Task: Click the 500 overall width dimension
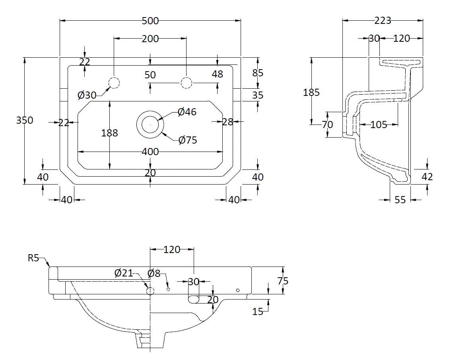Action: [x=150, y=21]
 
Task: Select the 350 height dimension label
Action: [x=25, y=120]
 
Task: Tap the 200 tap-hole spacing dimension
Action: [x=150, y=39]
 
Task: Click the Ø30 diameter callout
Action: [x=87, y=95]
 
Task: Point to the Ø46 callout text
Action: [x=187, y=112]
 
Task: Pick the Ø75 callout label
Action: [x=188, y=140]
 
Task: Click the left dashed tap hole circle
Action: [x=114, y=82]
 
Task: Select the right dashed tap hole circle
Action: [x=186, y=82]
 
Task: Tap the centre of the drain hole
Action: [x=150, y=124]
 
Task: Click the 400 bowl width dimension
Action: [x=150, y=152]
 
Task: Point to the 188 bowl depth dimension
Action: [x=109, y=133]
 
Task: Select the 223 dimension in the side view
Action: [x=383, y=20]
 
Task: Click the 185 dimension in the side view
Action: [x=311, y=92]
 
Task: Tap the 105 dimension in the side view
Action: [x=378, y=125]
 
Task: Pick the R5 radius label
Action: [x=33, y=258]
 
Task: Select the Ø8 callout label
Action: [x=154, y=273]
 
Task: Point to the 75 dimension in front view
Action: [x=283, y=281]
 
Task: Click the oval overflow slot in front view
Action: [x=194, y=299]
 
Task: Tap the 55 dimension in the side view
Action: [x=400, y=200]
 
